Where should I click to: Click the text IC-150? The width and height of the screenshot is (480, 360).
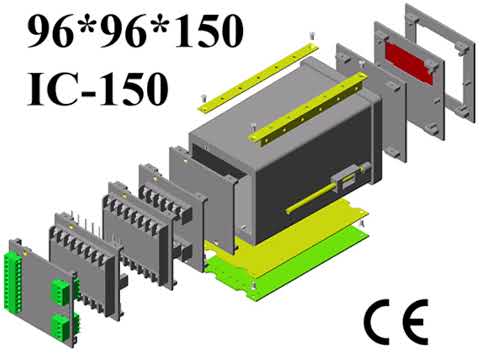pos(97,89)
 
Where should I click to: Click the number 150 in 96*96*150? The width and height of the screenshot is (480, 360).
pos(209,31)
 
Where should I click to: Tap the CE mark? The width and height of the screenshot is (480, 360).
pos(396,322)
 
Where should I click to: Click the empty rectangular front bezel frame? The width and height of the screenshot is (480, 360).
pos(441,63)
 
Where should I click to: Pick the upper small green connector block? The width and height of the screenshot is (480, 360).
pos(60,292)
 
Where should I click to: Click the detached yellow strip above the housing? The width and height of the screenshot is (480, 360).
pos(258,78)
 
